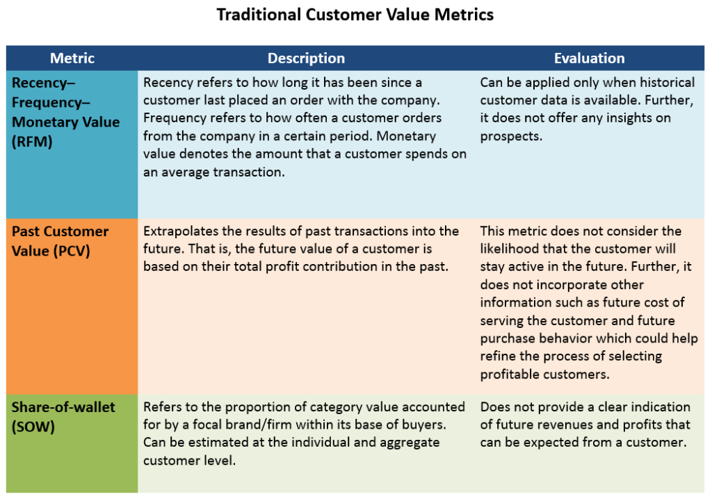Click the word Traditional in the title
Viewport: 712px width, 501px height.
click(259, 15)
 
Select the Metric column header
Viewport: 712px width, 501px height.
click(72, 58)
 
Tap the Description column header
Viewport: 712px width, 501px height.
click(306, 58)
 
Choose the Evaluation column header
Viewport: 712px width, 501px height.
click(589, 58)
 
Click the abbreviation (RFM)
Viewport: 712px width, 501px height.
click(32, 142)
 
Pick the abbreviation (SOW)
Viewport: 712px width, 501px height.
click(33, 427)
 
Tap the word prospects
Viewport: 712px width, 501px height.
click(511, 137)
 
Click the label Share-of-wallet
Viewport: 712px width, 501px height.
click(63, 407)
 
